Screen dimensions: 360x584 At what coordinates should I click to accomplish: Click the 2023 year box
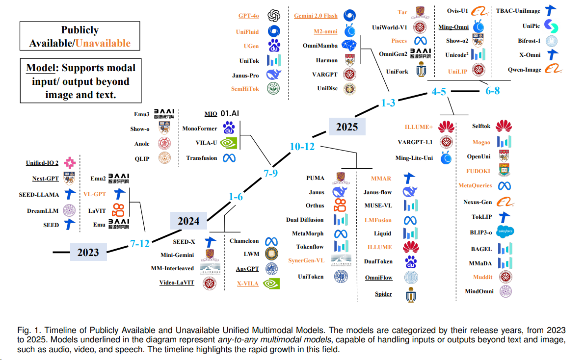(88, 253)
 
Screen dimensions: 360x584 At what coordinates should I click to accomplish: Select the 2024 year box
(188, 221)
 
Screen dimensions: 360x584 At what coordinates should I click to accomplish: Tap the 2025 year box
(347, 127)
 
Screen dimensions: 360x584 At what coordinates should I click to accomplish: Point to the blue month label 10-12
(302, 146)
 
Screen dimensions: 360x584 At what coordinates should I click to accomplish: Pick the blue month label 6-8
(493, 91)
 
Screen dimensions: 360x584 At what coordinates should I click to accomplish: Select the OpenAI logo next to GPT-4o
(273, 16)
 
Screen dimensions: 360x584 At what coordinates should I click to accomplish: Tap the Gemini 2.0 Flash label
(316, 16)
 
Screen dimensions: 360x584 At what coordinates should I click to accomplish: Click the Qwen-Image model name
(525, 70)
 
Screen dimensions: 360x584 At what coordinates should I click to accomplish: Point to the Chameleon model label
(244, 241)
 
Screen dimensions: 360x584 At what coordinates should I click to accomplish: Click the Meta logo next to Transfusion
(229, 158)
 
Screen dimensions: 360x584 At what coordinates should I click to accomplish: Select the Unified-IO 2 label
(42, 163)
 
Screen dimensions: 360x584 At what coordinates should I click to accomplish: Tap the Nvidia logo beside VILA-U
(229, 143)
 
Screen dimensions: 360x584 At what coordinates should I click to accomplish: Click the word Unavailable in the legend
(103, 43)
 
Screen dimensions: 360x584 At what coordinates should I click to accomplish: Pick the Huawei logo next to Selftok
(504, 126)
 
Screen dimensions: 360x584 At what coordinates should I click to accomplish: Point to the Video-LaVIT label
(177, 283)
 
